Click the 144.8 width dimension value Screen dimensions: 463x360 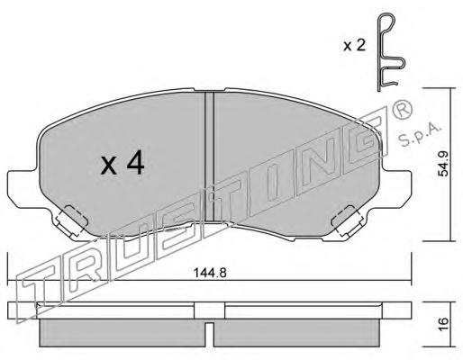(x=210, y=273)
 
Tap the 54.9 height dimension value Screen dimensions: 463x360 (x=443, y=164)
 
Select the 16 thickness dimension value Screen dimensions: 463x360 (x=443, y=324)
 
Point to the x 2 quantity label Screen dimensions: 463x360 (x=354, y=46)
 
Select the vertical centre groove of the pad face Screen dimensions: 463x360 (x=209, y=157)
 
